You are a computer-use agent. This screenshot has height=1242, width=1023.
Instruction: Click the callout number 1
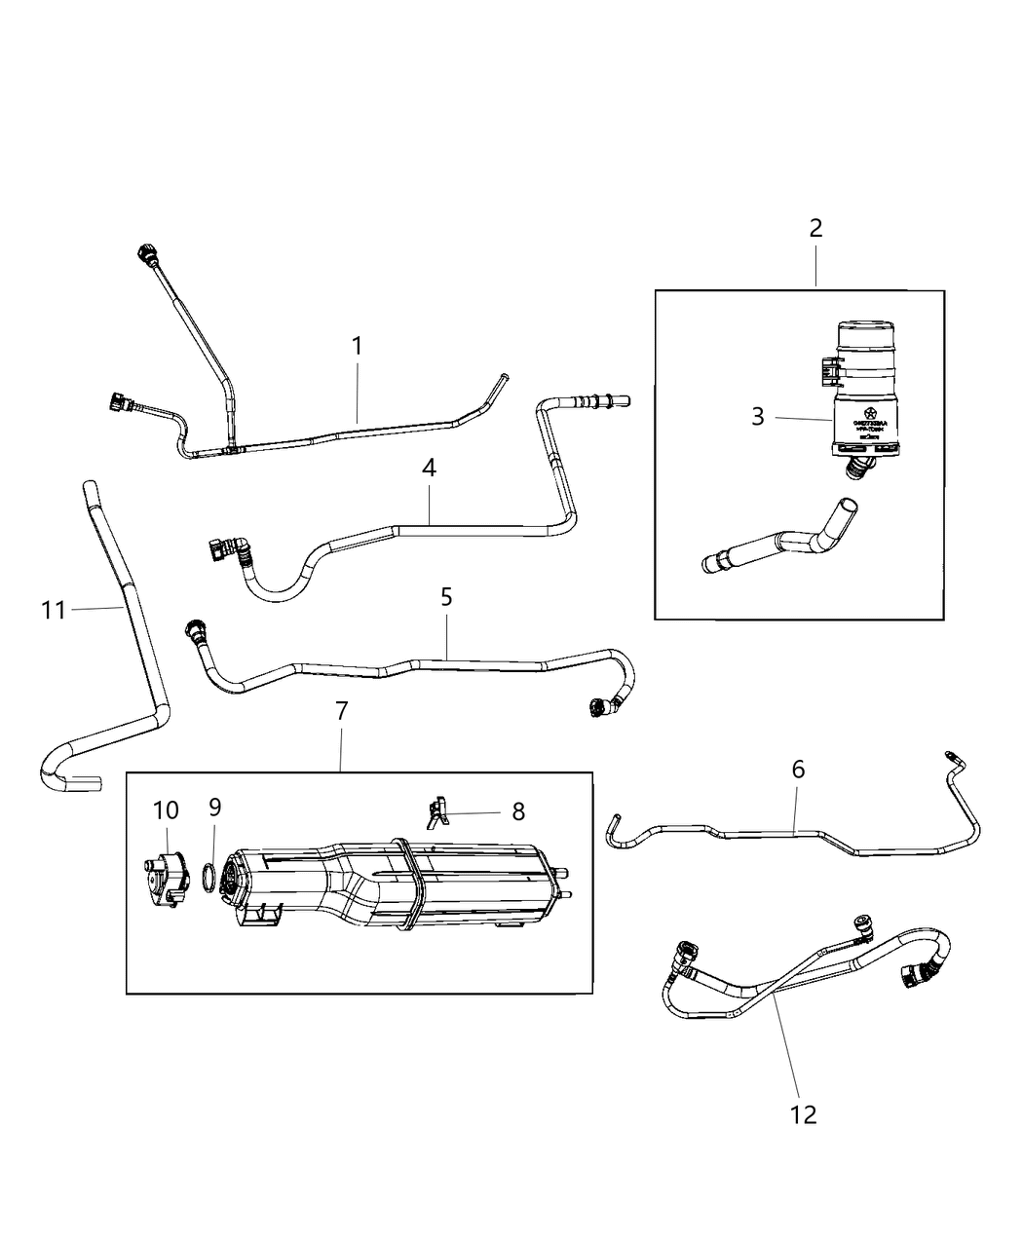point(357,346)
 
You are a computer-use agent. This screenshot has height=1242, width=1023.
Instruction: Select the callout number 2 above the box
point(815,228)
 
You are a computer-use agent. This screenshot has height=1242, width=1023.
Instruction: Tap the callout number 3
point(758,417)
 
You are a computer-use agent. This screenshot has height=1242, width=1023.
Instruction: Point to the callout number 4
point(429,467)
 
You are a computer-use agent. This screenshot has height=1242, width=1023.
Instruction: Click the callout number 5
point(446,597)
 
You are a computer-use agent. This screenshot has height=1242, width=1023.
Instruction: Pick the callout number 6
point(798,769)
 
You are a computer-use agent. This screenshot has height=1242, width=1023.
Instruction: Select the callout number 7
point(341,711)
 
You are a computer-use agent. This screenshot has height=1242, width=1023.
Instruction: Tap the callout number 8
point(518,810)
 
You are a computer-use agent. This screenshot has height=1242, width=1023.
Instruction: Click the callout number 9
point(215,807)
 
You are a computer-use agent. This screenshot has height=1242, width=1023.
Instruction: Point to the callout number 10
point(166,809)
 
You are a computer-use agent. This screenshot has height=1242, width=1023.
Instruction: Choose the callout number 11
point(54,611)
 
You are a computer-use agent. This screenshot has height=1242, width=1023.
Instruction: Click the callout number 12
point(804,1114)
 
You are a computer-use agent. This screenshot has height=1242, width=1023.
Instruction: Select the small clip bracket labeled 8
point(439,809)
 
